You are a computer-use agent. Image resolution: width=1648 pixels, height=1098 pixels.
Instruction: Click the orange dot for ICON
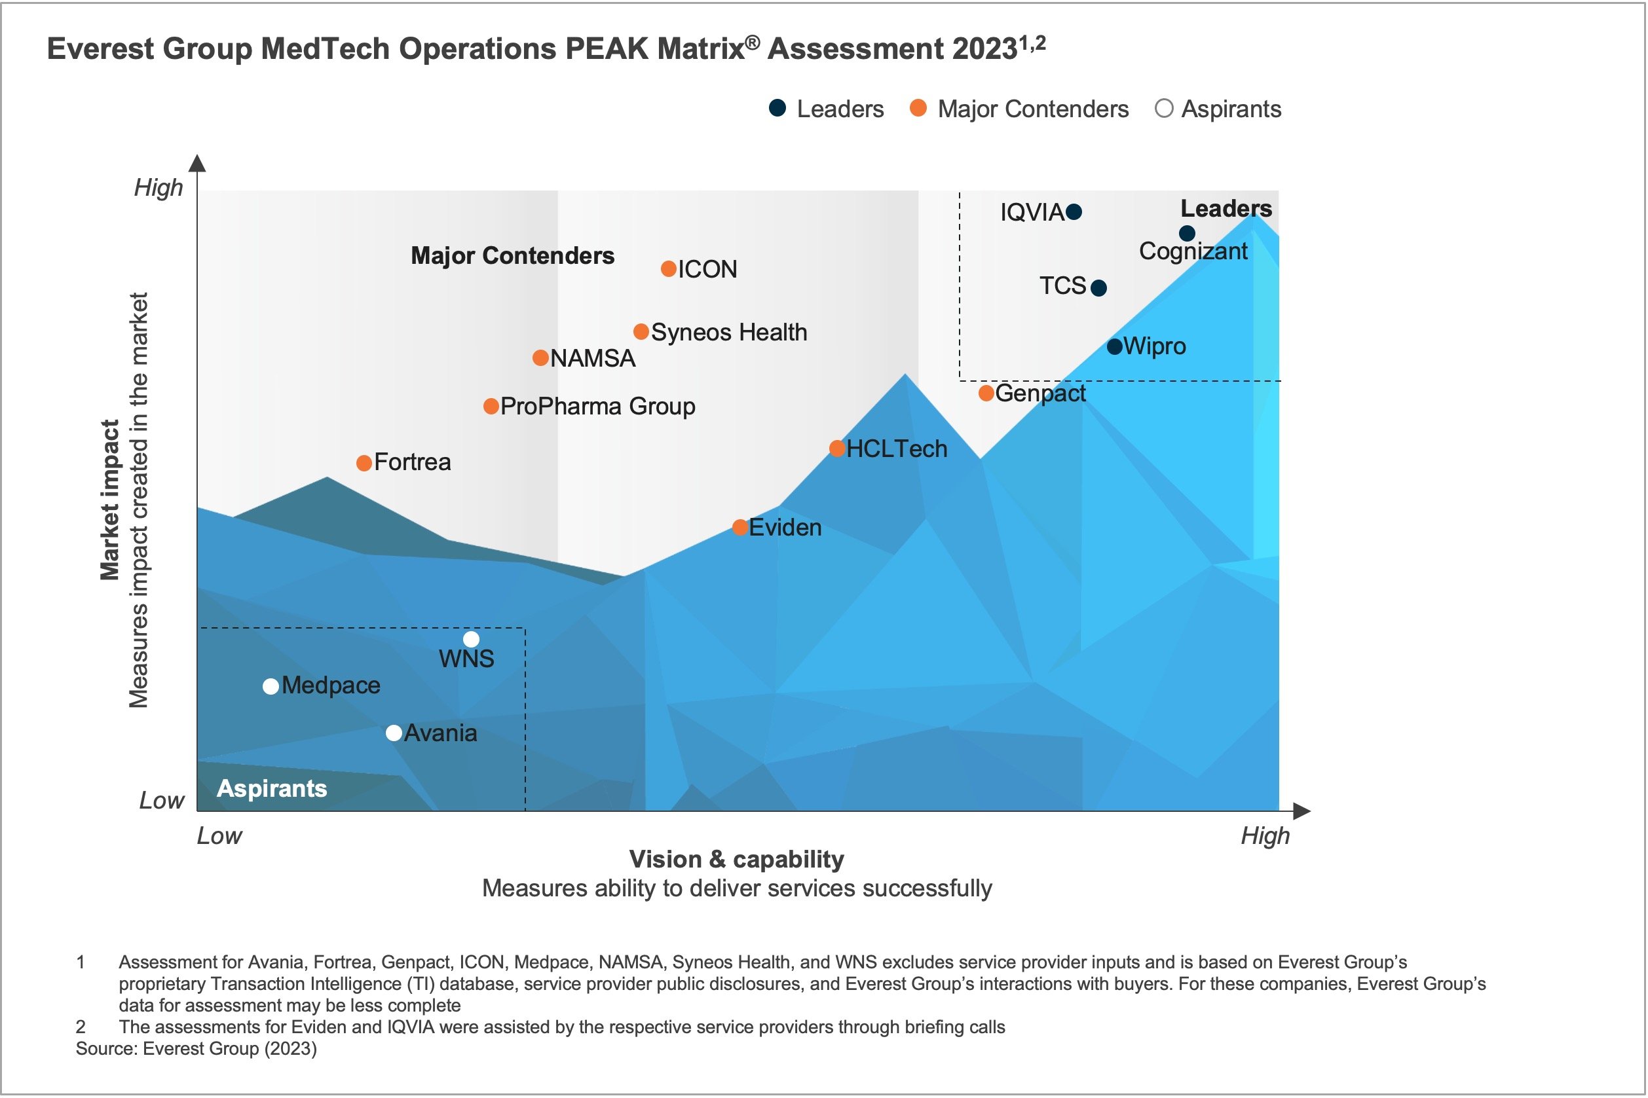point(668,269)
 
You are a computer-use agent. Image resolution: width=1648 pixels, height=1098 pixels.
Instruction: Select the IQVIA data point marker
point(1074,211)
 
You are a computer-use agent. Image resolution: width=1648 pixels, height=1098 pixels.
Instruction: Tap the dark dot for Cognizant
point(1187,233)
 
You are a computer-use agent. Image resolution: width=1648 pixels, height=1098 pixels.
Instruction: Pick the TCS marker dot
point(1099,288)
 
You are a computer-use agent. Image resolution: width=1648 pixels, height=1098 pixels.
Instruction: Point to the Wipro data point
point(1115,346)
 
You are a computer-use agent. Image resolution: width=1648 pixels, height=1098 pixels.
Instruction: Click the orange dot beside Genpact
point(986,393)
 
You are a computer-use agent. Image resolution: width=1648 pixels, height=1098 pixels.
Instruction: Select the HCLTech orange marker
point(837,448)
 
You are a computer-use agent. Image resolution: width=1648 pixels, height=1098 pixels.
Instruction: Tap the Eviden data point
point(740,527)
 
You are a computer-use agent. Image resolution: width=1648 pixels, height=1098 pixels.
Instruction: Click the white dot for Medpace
point(271,686)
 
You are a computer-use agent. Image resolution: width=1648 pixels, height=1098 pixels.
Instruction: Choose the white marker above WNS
point(472,639)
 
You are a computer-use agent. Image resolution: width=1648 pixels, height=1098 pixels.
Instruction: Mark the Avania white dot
point(394,733)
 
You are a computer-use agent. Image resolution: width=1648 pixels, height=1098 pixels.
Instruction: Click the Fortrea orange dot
point(364,463)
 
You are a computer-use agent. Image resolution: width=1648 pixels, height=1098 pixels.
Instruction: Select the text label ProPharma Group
point(597,406)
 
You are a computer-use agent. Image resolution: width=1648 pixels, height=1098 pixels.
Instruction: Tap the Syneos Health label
point(729,332)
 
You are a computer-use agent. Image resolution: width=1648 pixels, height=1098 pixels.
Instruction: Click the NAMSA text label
point(593,359)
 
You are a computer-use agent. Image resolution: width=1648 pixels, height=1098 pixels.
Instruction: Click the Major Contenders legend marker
point(918,109)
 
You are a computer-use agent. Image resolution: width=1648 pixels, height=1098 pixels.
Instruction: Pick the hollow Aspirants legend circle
point(1163,109)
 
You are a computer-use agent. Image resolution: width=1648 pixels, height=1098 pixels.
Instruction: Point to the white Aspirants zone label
point(272,788)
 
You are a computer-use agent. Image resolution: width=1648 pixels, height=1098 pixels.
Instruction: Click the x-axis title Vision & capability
point(737,859)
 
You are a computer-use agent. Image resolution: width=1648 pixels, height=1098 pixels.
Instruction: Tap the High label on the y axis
point(159,188)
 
